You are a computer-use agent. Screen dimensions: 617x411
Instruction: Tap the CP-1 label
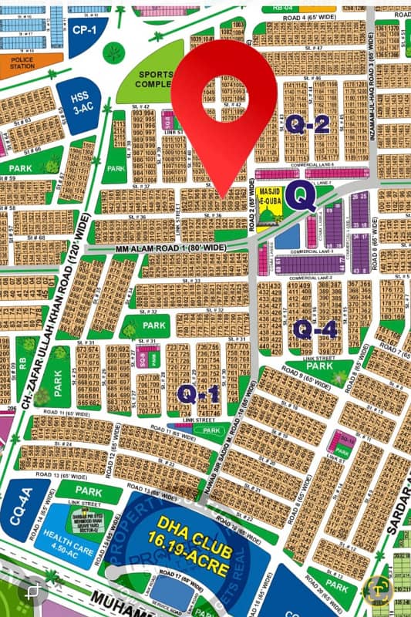(82, 30)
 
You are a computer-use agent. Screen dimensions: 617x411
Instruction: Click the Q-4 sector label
(315, 329)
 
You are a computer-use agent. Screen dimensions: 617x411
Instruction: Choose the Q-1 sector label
(198, 393)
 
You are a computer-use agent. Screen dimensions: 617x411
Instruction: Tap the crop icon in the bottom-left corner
(32, 592)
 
